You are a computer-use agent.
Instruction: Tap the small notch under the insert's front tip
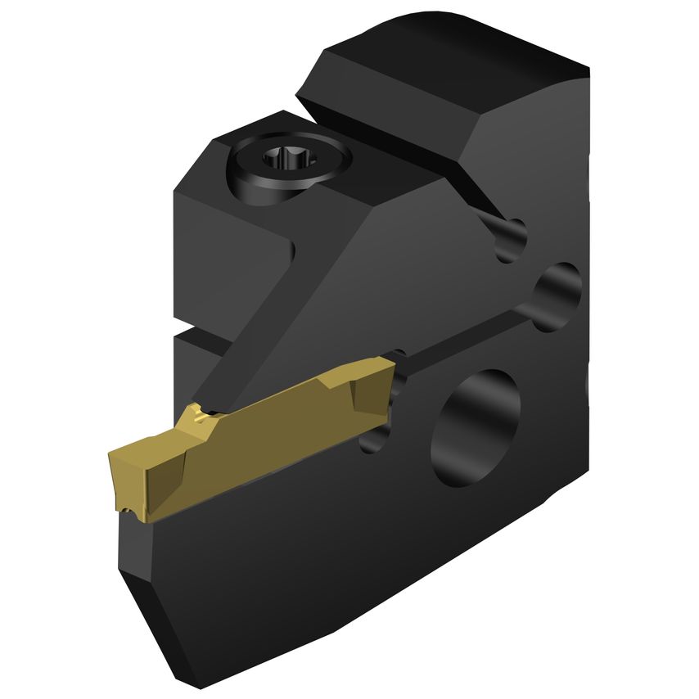(129, 512)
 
